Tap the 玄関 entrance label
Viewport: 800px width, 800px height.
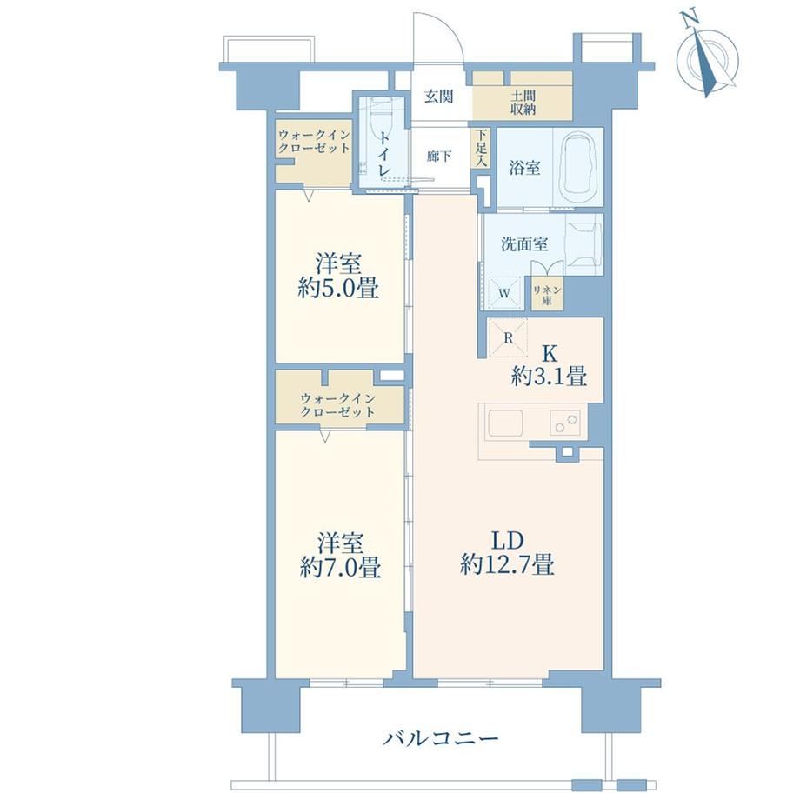coord(439,96)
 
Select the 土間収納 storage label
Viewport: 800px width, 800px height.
coord(523,102)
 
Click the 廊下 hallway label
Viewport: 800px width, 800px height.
coord(439,156)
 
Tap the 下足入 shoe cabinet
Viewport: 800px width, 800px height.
coord(481,149)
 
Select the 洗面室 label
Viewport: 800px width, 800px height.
coord(524,244)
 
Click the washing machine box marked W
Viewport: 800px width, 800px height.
coord(504,293)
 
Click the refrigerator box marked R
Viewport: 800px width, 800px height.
coord(508,337)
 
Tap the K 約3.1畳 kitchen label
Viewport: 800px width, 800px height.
coord(549,366)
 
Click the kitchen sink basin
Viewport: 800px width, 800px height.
coord(505,423)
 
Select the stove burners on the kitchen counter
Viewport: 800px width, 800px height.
coord(565,423)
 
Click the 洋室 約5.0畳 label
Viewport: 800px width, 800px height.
coord(337,276)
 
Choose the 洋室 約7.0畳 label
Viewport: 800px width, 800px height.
coord(340,555)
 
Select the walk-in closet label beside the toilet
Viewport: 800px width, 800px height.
coord(314,142)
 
